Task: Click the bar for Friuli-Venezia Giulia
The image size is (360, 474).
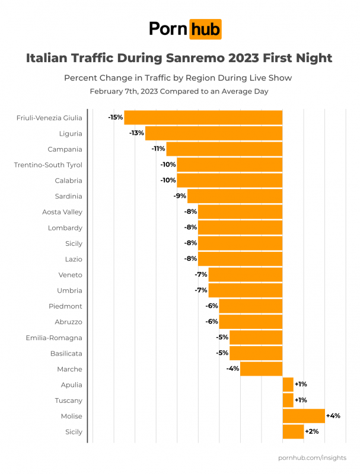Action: pyautogui.click(x=203, y=117)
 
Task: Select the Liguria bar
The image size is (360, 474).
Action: pyautogui.click(x=214, y=133)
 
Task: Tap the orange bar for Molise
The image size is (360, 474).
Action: pyautogui.click(x=304, y=416)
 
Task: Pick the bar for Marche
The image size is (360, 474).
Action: pyautogui.click(x=261, y=369)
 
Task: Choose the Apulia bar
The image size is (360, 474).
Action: pyautogui.click(x=288, y=385)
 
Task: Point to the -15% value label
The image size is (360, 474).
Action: pyautogui.click(x=115, y=117)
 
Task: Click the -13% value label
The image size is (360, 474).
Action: pyautogui.click(x=136, y=133)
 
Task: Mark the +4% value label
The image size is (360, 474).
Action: pyautogui.click(x=333, y=416)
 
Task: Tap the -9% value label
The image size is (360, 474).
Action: pyautogui.click(x=179, y=196)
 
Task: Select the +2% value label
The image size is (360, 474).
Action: pyautogui.click(x=312, y=432)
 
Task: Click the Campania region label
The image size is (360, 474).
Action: pyautogui.click(x=65, y=149)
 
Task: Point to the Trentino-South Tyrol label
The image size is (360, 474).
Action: pyautogui.click(x=48, y=165)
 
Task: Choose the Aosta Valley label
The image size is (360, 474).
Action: pyautogui.click(x=62, y=212)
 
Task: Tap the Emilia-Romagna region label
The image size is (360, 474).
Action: pyautogui.click(x=54, y=338)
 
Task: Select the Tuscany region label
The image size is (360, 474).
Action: pyautogui.click(x=68, y=401)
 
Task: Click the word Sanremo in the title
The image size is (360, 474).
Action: pyautogui.click(x=214, y=59)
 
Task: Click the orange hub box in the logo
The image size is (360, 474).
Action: pyautogui.click(x=205, y=28)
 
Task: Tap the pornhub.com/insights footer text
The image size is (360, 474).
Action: pyautogui.click(x=312, y=458)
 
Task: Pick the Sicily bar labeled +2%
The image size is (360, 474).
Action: pyautogui.click(x=293, y=432)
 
